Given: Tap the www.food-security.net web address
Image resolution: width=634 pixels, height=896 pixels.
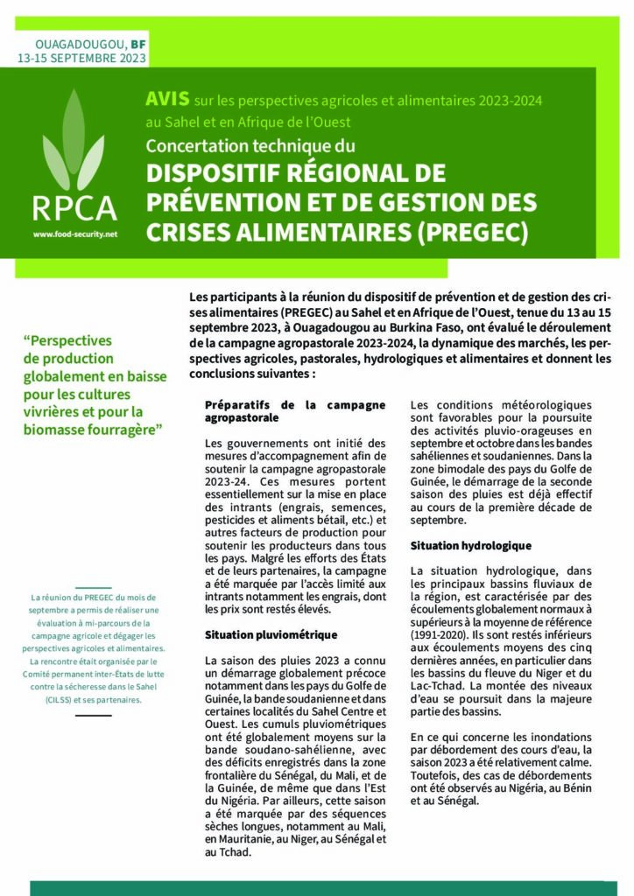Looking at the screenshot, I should pyautogui.click(x=74, y=234).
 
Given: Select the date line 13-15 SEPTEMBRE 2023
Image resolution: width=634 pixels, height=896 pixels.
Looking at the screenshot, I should pyautogui.click(x=81, y=59).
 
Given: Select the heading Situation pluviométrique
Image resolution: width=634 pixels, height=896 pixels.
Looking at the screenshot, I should pyautogui.click(x=271, y=633).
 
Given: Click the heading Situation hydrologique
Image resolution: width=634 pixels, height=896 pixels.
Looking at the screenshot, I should pyautogui.click(x=470, y=546).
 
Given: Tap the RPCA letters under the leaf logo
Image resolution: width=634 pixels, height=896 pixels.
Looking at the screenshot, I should pyautogui.click(x=74, y=208).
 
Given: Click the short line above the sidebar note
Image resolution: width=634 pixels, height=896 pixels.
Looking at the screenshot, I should pyautogui.click(x=93, y=588).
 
